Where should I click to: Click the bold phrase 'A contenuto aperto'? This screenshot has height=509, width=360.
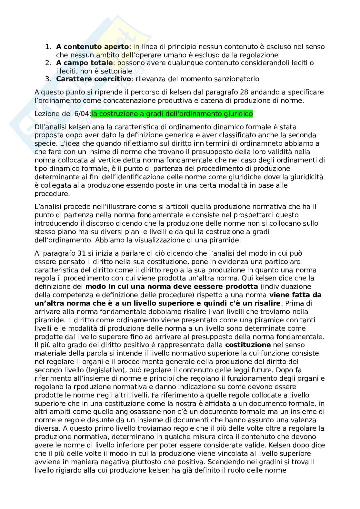[92, 47]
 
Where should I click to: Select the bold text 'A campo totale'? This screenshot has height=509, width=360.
[85, 63]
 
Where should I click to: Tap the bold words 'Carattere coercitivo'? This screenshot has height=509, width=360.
[94, 79]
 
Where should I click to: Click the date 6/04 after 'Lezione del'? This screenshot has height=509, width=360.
[84, 114]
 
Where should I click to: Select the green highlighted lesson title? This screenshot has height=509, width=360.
[172, 114]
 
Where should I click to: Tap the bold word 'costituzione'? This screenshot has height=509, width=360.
[248, 345]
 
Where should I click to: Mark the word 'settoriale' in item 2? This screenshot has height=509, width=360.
[118, 71]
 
